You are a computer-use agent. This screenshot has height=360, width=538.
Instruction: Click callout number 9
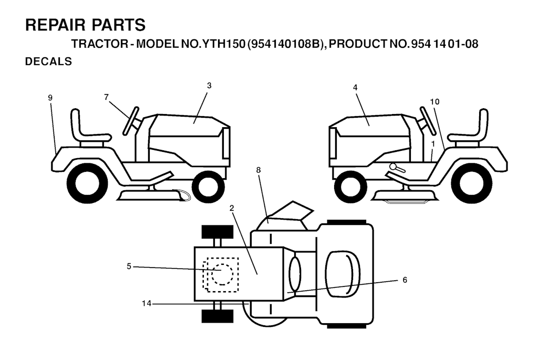[x=50, y=98]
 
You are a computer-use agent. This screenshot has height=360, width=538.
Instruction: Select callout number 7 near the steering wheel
[x=106, y=97]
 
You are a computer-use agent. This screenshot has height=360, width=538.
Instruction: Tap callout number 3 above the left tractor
[x=209, y=86]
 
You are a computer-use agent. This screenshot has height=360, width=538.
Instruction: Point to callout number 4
[x=355, y=88]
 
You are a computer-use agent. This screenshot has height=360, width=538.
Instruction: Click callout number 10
[x=434, y=101]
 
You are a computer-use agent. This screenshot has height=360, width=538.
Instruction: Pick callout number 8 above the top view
[x=258, y=170]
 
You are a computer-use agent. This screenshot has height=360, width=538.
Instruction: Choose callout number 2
[x=232, y=208]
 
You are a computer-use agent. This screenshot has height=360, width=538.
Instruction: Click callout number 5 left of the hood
[x=129, y=266]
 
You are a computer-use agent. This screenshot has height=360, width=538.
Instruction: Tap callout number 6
[x=405, y=280]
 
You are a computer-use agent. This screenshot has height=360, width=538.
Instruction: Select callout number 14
[x=147, y=303]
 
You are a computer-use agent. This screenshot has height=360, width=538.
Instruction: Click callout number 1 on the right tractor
[x=433, y=144]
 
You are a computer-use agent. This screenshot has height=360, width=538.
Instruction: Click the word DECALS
[x=48, y=61]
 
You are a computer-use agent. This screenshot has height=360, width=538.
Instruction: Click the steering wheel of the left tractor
[x=131, y=121]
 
